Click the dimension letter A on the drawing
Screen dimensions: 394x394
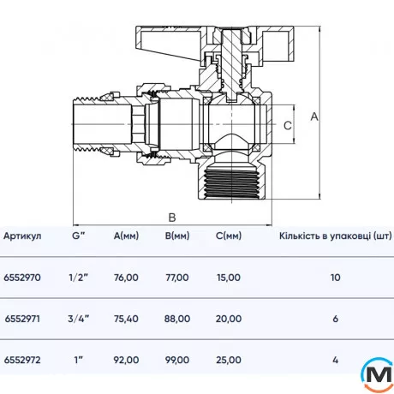coord(314,116)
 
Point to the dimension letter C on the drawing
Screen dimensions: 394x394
coord(288,125)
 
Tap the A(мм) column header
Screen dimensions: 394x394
coord(126,236)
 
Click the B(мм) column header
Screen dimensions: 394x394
coord(176,236)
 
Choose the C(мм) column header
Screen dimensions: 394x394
coord(229,236)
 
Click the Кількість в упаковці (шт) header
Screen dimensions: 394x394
coord(335,236)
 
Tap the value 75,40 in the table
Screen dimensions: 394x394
coord(126,319)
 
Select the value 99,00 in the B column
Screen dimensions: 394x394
coord(176,360)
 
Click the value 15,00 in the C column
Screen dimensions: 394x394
coord(229,278)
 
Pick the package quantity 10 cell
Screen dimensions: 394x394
coord(335,278)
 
